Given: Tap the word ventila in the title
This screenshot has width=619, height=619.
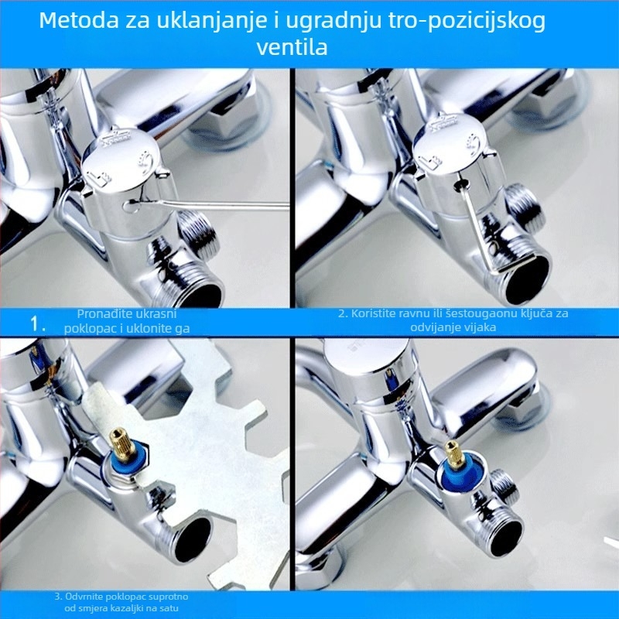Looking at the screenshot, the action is tap(292, 47).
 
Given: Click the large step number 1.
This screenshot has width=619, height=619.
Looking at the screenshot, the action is tap(37, 324).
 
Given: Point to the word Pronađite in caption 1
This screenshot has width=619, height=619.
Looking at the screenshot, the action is tap(101, 314).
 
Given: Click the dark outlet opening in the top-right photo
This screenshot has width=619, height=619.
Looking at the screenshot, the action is tap(527, 279).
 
